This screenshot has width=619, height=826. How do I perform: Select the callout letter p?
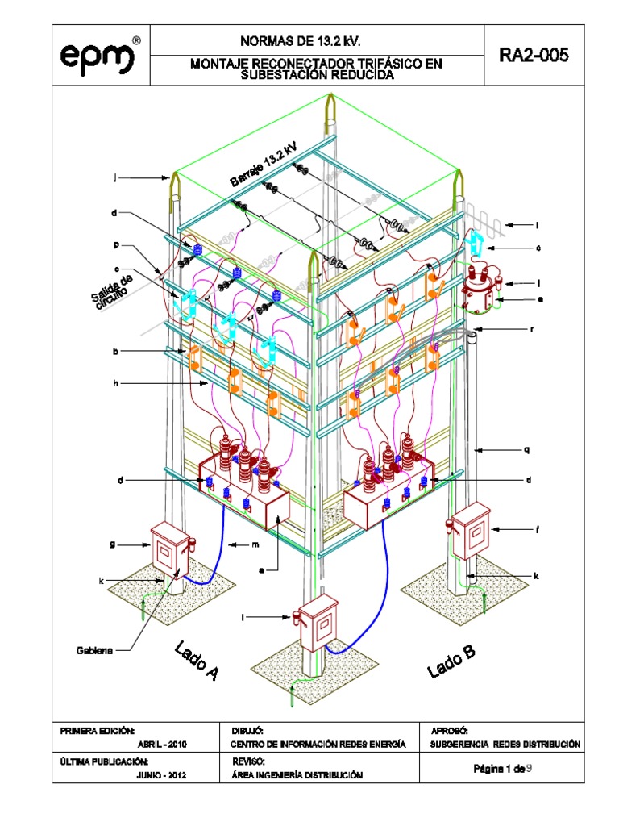click(116, 242)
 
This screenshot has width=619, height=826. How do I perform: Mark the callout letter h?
click(116, 383)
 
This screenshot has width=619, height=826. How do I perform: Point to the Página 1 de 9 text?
click(501, 769)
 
